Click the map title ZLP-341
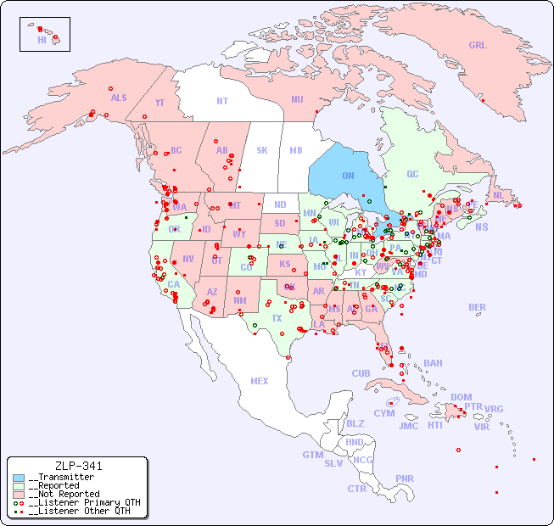click(78, 466)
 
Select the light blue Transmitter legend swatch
click(19, 478)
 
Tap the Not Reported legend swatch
click(19, 494)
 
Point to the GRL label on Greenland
click(478, 46)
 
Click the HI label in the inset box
click(42, 40)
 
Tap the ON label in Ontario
click(348, 176)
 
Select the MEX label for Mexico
click(260, 381)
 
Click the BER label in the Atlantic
click(478, 307)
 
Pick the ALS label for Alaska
click(119, 98)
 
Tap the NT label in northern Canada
click(222, 101)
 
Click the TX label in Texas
click(277, 318)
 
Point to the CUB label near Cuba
click(361, 373)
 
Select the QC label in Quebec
click(412, 174)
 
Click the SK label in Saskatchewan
click(262, 150)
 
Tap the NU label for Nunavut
click(297, 99)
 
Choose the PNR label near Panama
click(405, 478)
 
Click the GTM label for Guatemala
click(312, 455)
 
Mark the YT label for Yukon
click(159, 103)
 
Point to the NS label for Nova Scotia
click(482, 227)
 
